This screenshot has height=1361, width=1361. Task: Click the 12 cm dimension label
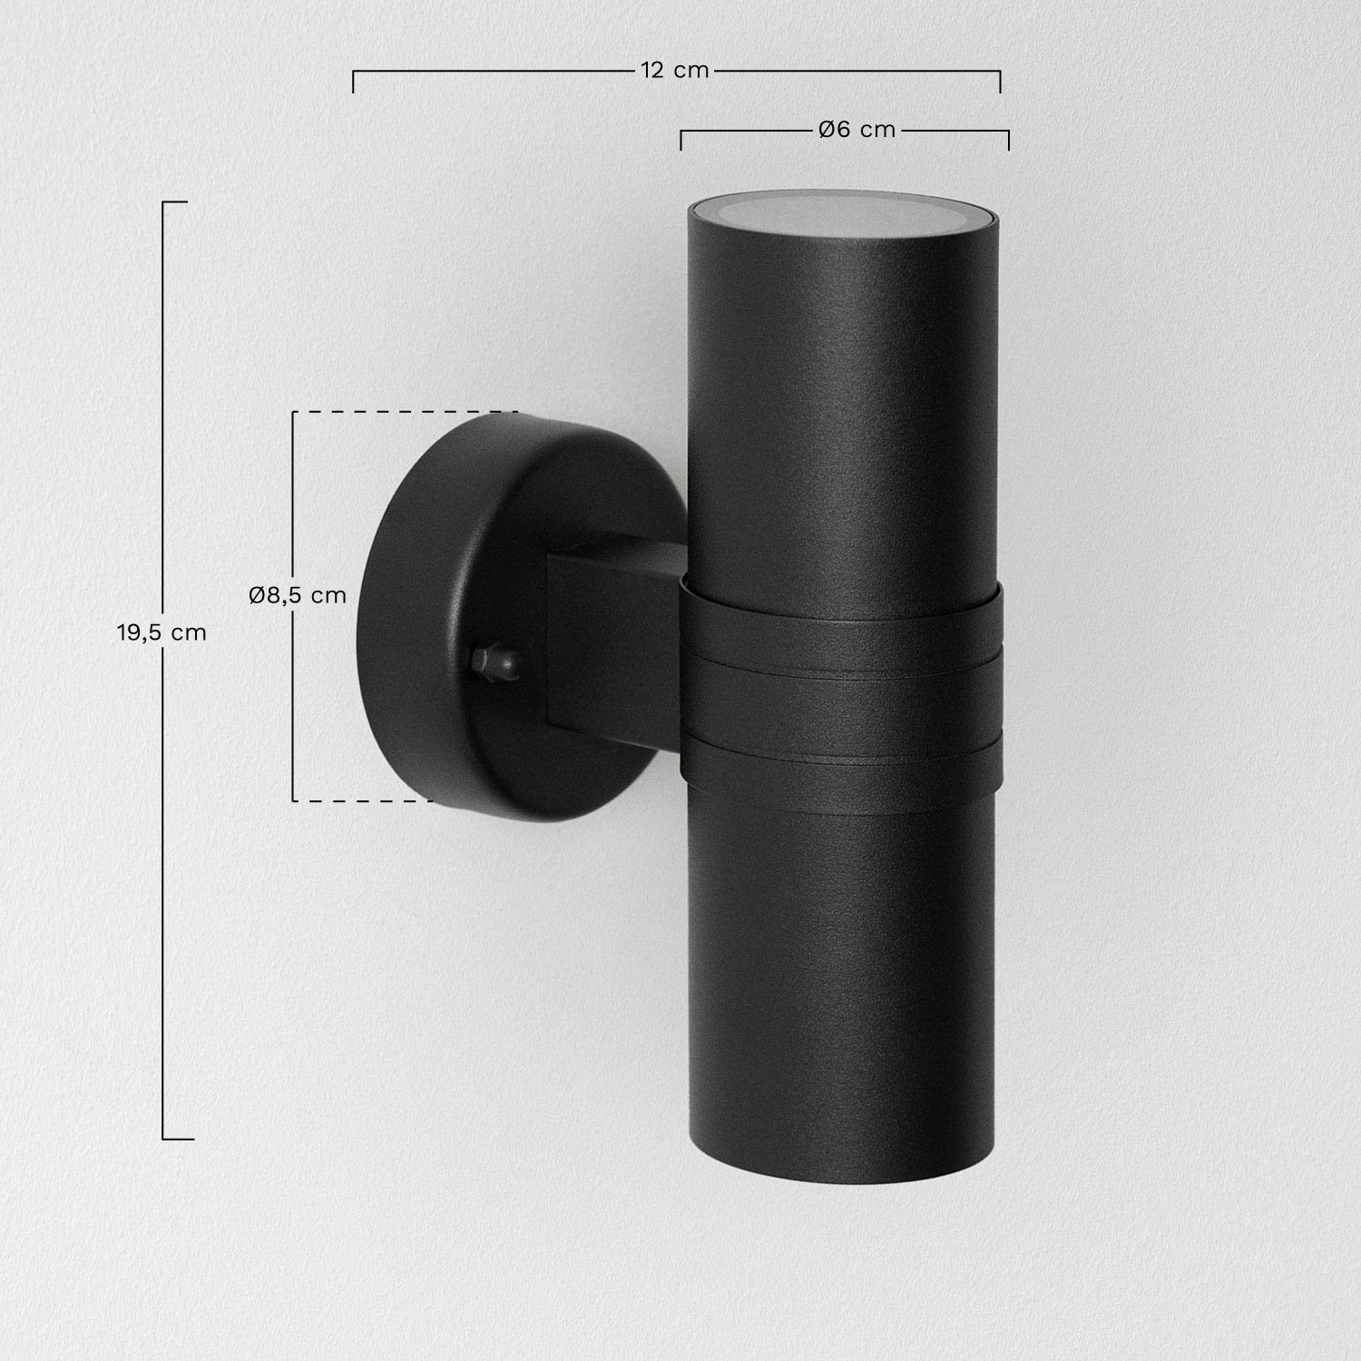coord(674,70)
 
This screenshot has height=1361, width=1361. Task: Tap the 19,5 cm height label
coord(162,632)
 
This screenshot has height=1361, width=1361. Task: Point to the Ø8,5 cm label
coord(298,595)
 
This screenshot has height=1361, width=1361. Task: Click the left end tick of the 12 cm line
coord(353,81)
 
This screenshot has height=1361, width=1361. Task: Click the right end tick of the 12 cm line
coord(1000,81)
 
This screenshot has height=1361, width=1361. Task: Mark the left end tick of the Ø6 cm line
coord(681,140)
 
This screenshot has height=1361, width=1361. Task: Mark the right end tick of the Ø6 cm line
coord(1008,140)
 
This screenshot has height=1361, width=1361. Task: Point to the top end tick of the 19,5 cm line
coord(174,201)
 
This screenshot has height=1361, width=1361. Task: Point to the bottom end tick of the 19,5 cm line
coord(177,1138)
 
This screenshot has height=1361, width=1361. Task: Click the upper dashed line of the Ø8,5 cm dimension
coord(404,412)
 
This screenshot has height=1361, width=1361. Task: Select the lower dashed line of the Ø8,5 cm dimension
coord(363,800)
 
